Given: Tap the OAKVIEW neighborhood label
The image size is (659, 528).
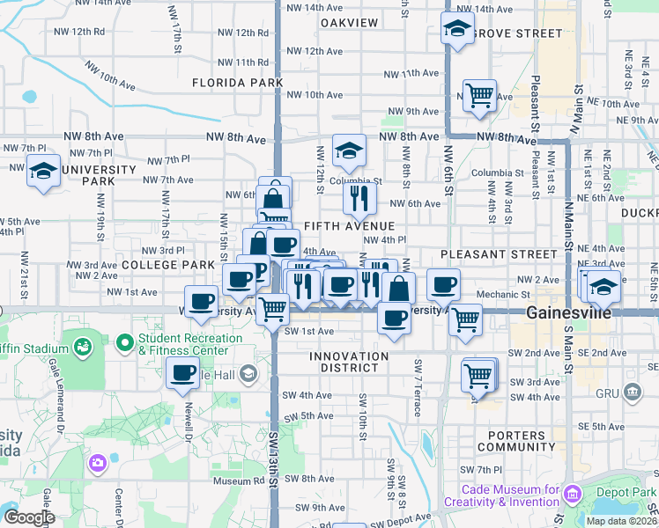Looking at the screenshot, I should pyautogui.click(x=349, y=23).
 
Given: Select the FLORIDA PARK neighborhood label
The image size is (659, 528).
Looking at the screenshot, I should pyautogui.click(x=238, y=83).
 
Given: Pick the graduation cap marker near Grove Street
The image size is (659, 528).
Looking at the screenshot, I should pyautogui.click(x=457, y=28).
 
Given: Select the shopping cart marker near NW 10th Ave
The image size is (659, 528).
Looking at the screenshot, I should pyautogui.click(x=479, y=94).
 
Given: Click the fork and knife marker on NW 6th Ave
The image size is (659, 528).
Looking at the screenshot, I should pyautogui.click(x=359, y=198).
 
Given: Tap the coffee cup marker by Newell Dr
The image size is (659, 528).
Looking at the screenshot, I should pyautogui.click(x=183, y=373).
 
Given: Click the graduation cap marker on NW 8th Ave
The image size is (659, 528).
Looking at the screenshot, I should pyautogui.click(x=349, y=150).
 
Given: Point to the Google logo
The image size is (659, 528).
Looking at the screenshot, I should pyautogui.click(x=28, y=517).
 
